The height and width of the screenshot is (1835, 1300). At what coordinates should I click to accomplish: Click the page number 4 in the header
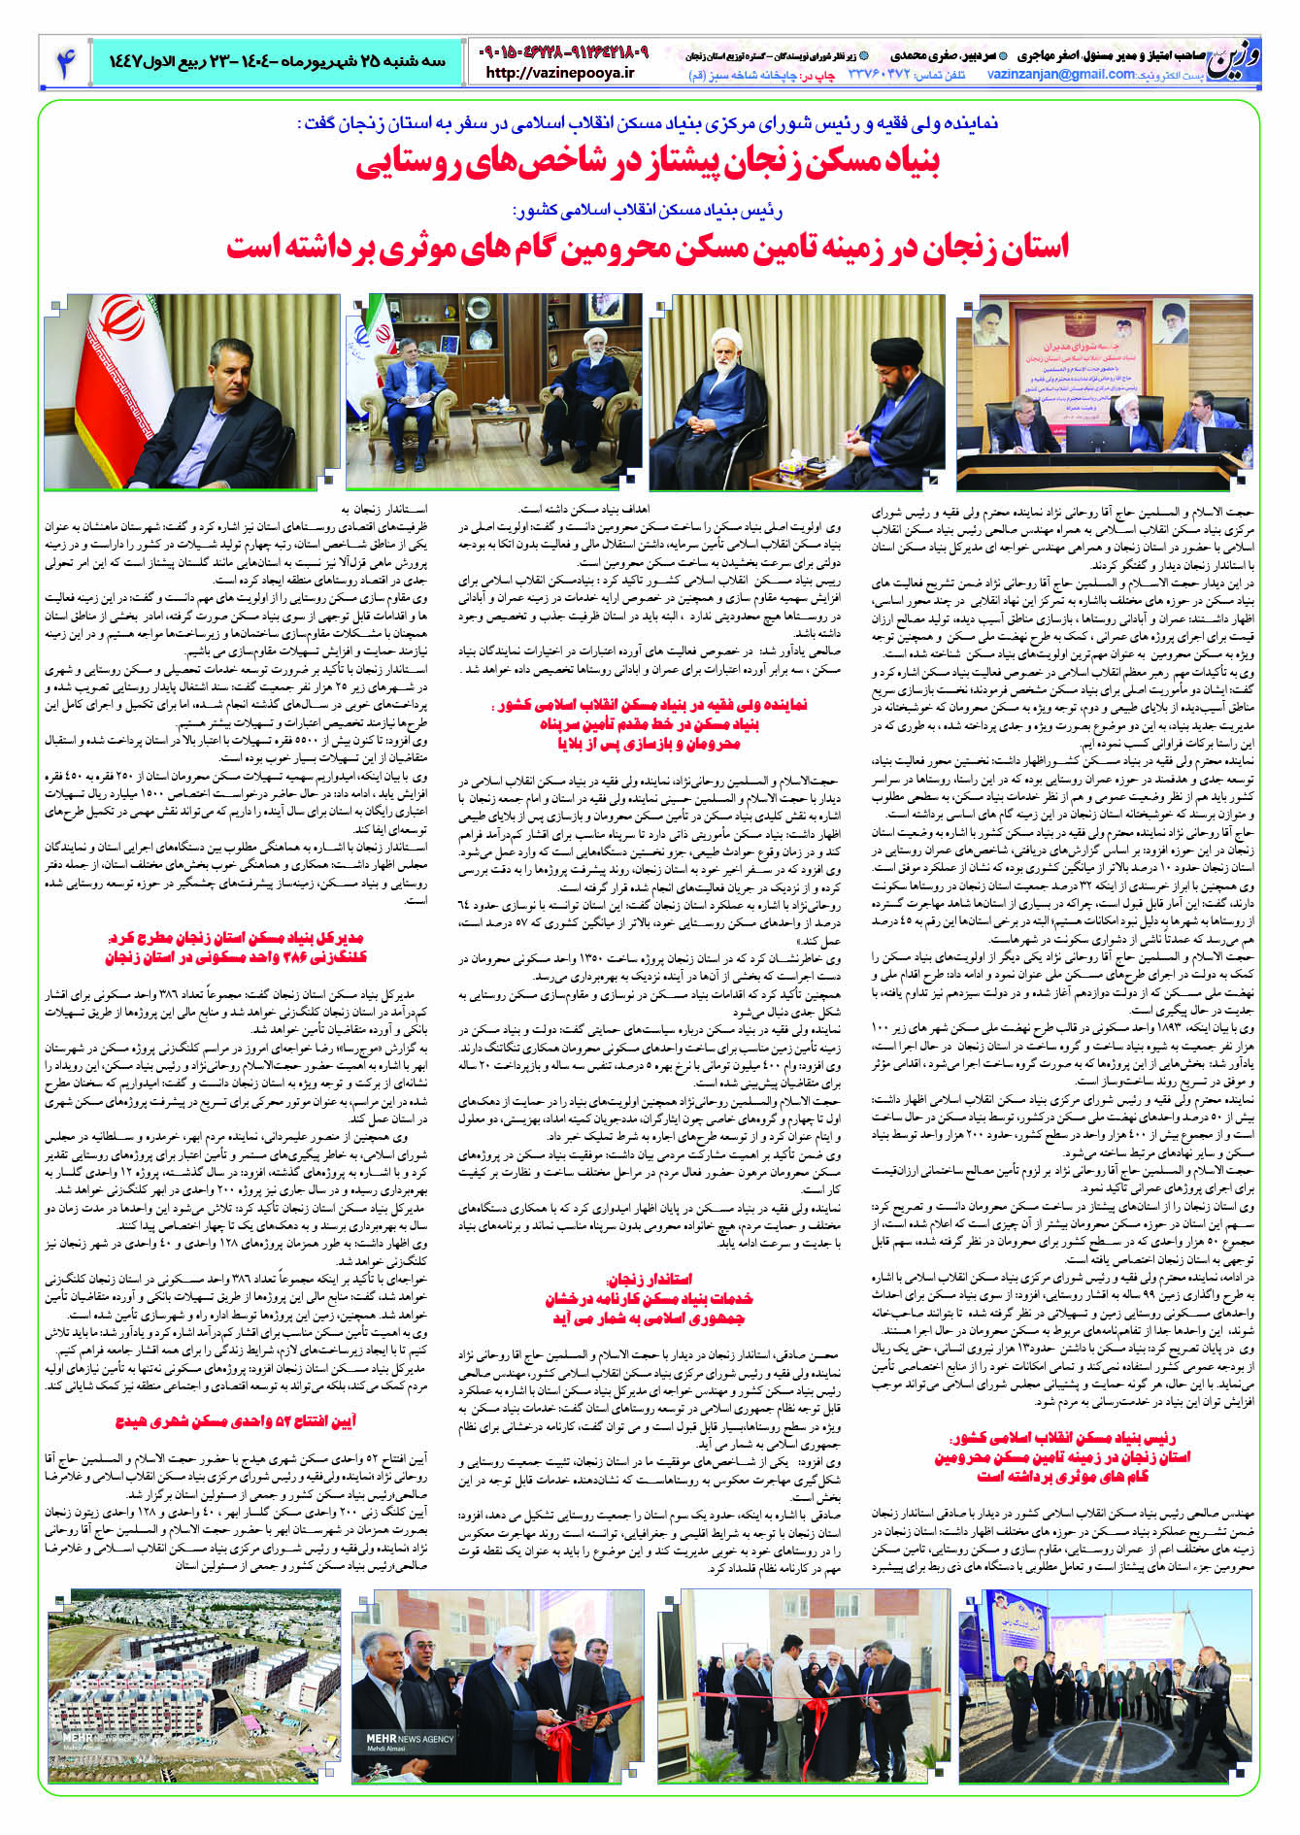tap(65, 61)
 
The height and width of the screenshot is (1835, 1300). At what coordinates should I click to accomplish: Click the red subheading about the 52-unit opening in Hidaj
tap(236, 1422)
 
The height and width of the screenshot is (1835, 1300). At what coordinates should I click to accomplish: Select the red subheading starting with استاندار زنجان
tap(649, 1298)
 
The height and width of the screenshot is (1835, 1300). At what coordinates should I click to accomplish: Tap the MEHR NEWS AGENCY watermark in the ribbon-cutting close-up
tap(403, 1738)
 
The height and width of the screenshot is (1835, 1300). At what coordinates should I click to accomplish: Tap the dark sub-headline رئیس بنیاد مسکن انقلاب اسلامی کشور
tap(647, 210)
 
